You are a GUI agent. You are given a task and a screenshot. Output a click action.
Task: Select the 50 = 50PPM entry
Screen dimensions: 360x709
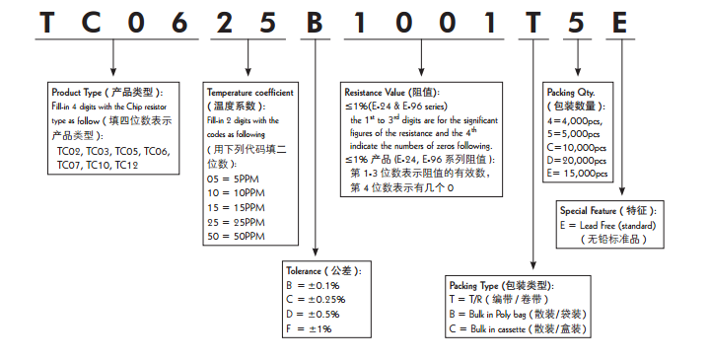click(x=236, y=238)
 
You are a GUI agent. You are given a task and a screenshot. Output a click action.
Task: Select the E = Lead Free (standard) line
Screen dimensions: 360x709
click(x=608, y=225)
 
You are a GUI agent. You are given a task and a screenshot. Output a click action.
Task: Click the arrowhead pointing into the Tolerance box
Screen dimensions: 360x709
click(x=314, y=254)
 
